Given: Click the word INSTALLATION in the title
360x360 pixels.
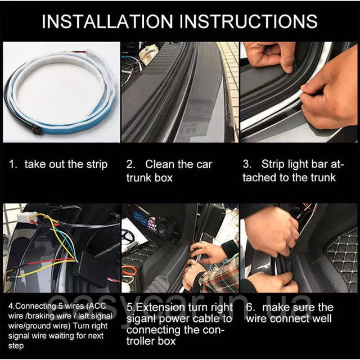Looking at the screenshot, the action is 107,21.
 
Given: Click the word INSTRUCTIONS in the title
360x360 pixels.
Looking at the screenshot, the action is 249,21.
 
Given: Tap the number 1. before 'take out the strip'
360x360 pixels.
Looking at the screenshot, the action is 13,164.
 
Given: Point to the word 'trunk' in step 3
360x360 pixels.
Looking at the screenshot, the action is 323,178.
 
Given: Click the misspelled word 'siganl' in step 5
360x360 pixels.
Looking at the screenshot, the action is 141,319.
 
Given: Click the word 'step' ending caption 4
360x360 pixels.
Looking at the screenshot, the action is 16,346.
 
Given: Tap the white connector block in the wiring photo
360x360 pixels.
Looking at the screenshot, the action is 26,217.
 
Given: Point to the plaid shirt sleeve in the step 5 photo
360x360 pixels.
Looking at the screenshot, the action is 220,276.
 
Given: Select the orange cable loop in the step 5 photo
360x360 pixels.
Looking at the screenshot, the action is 129,271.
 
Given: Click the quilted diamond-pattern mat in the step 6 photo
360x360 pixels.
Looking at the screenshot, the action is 343,257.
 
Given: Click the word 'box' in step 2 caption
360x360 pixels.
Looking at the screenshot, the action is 164,178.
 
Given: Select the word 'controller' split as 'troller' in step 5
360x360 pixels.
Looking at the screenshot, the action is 141,341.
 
